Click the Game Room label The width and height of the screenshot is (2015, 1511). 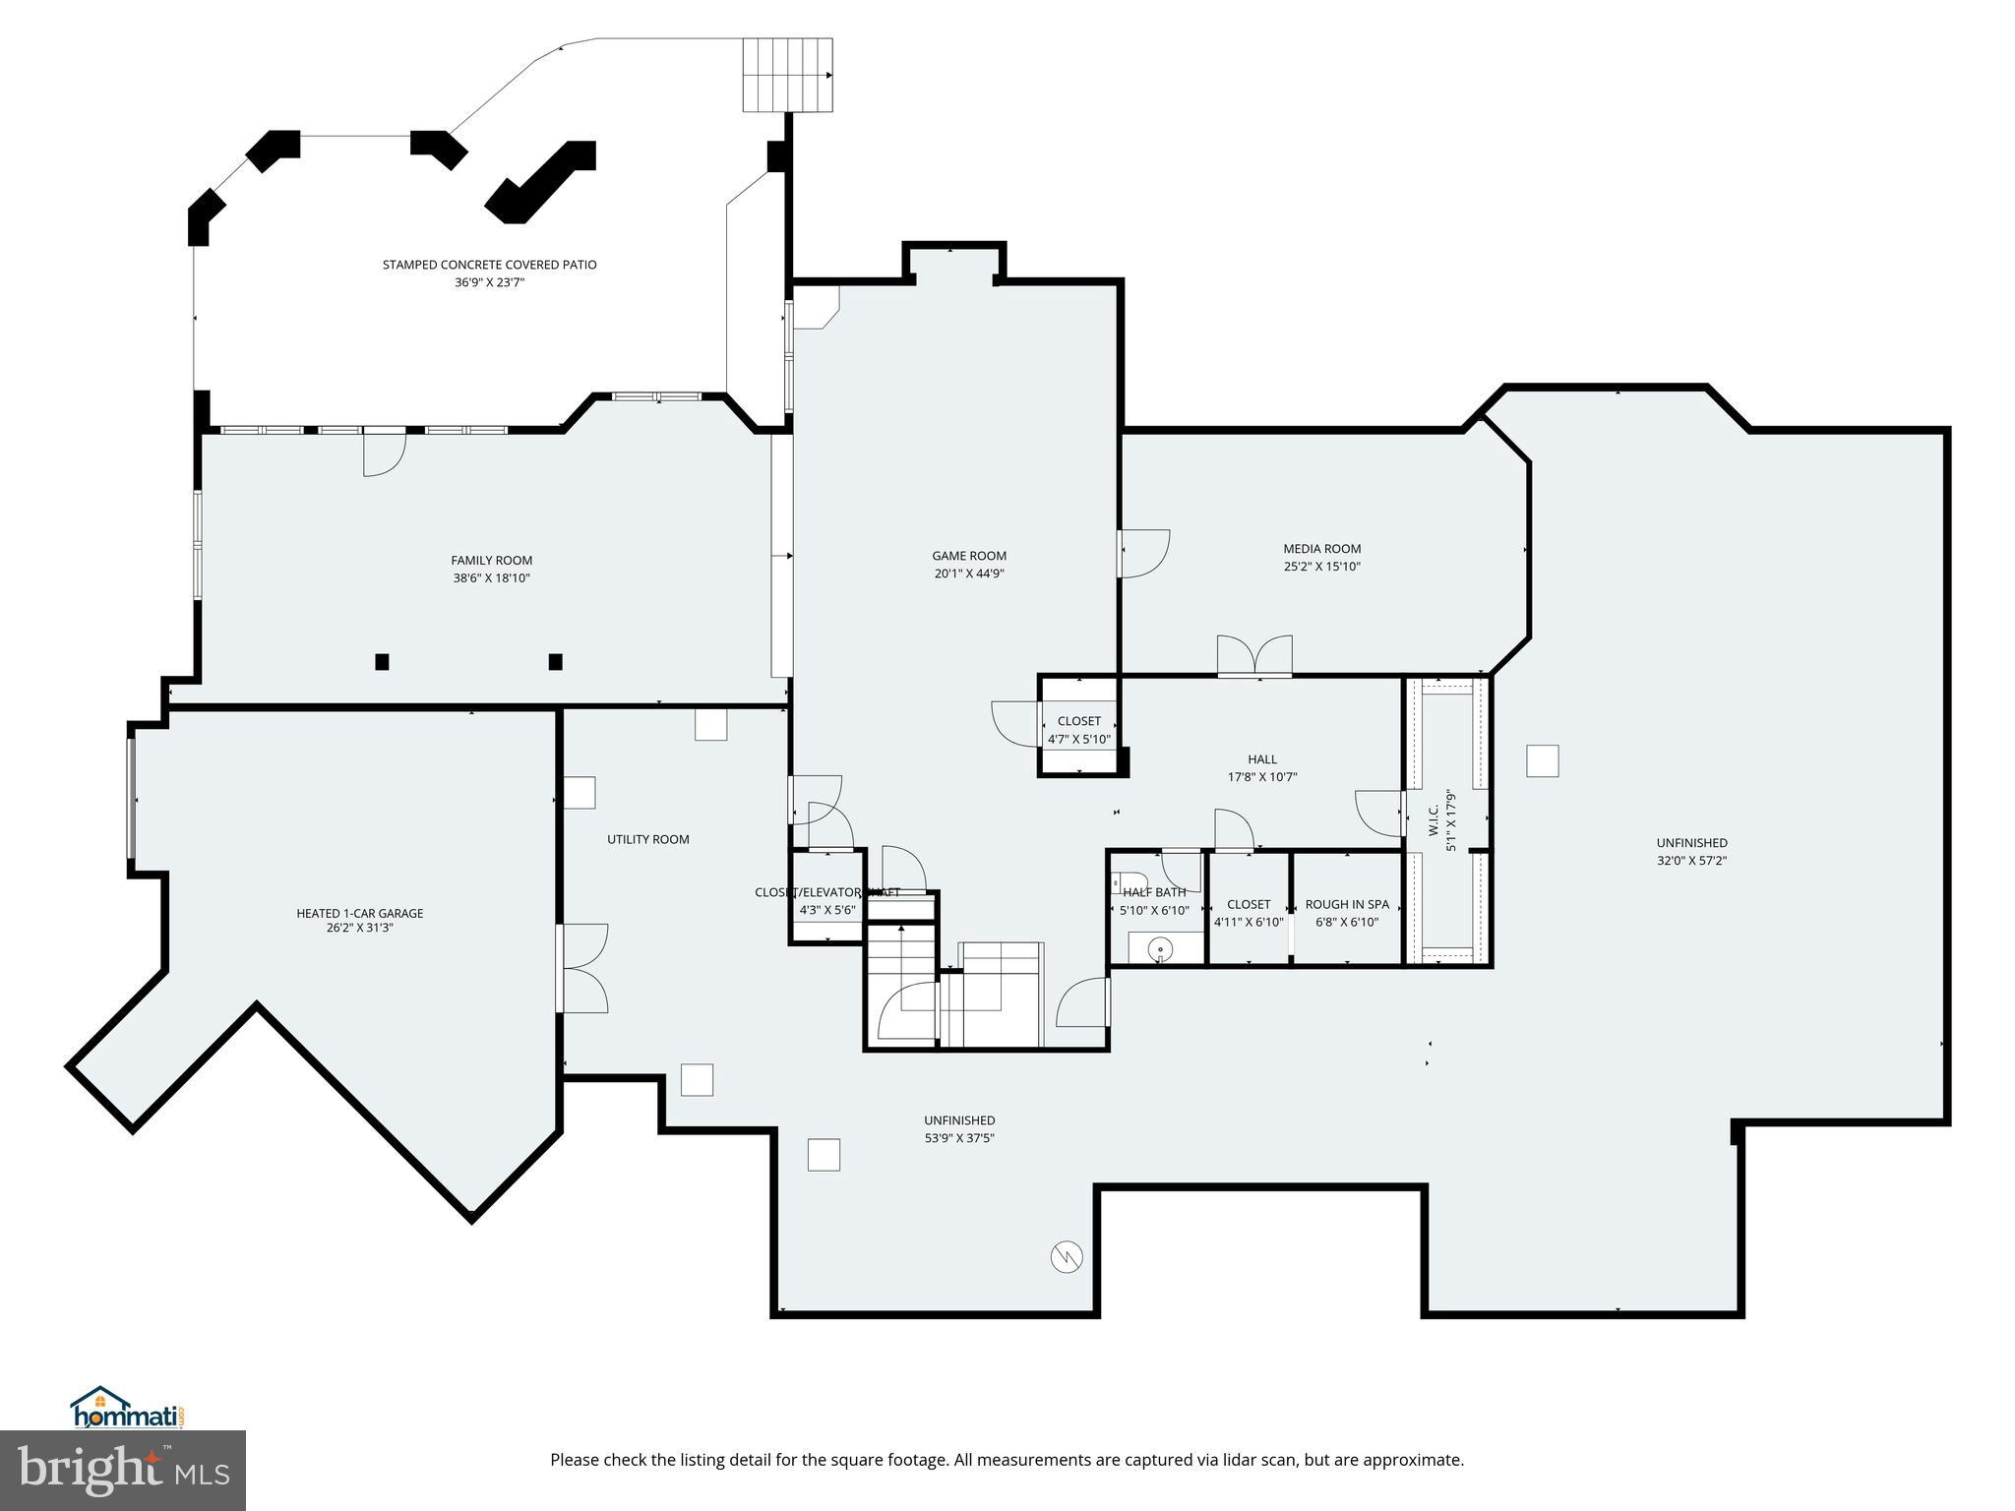[969, 556]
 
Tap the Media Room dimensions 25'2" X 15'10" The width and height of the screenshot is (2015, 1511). [1321, 567]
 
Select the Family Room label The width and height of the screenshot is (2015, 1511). [491, 561]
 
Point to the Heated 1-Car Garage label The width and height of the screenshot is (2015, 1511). [360, 913]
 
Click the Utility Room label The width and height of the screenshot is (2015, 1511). [647, 839]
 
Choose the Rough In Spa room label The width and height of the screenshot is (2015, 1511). [1347, 904]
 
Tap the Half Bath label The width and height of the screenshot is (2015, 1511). [1154, 892]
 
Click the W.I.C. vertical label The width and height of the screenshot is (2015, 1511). [1434, 820]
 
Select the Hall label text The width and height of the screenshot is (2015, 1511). [1262, 759]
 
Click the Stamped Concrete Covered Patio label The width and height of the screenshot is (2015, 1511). [489, 265]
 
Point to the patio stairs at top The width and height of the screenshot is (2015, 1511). [787, 75]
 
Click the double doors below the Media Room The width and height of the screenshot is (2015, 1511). [1254, 656]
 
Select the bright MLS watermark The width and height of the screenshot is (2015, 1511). [123, 1471]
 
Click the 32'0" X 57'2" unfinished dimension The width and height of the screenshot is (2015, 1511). [1691, 861]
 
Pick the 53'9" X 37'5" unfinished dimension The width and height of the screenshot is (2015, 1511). [959, 1138]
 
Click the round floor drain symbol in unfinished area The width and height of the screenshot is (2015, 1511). [1068, 1256]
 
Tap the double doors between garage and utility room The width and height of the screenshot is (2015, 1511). [582, 968]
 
